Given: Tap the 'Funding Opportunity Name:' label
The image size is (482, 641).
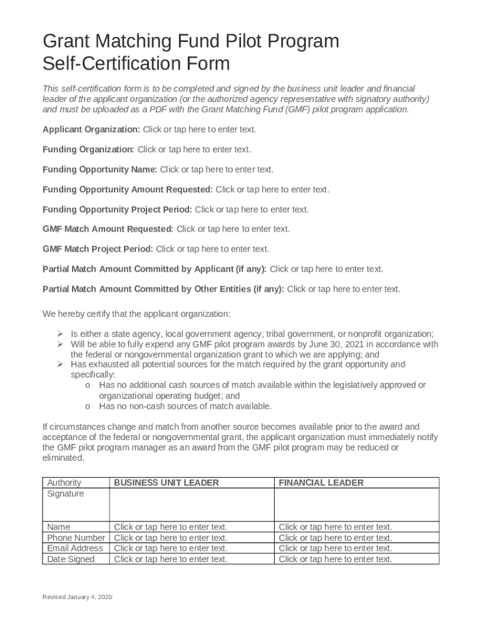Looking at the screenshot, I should coord(100,170).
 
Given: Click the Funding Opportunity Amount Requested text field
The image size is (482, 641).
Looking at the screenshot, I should coord(272,190).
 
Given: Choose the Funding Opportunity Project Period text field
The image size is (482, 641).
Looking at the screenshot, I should coord(252,210).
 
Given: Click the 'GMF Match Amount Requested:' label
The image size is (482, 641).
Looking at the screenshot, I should coord(108,229).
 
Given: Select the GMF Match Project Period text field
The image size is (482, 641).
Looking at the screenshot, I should coord(212,249).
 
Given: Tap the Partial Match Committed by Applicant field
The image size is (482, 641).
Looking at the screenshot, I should coord(326,269).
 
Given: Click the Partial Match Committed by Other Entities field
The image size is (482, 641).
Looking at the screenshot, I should coord(343,289).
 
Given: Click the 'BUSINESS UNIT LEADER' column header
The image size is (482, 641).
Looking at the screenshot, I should coord(167,483).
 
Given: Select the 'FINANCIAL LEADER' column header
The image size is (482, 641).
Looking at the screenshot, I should coord(321,483).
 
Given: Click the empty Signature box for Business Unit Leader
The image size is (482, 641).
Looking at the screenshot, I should coord(192,505).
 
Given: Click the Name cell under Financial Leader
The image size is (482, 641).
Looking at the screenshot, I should coord(336,527).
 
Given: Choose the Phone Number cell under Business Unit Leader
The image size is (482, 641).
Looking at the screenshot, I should coord(170,538).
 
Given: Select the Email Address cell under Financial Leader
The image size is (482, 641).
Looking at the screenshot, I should coord(336,548).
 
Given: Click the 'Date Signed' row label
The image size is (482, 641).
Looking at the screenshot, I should coord(71,559).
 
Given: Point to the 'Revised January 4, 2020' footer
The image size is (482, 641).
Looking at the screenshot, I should coord(77,598).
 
